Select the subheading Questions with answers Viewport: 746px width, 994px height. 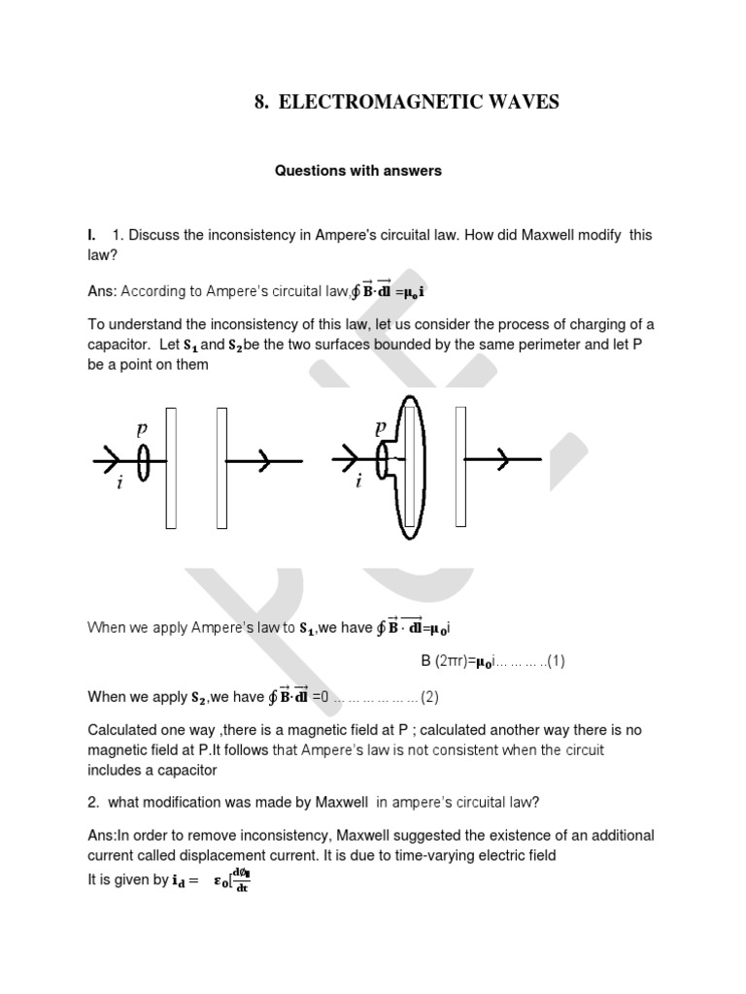(x=357, y=171)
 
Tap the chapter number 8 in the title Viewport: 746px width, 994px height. (x=260, y=102)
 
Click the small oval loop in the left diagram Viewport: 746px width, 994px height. (x=145, y=463)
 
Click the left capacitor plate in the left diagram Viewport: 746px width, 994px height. (x=171, y=468)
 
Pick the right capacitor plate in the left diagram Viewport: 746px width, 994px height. (x=222, y=468)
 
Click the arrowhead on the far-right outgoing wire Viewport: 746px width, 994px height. (x=502, y=461)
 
